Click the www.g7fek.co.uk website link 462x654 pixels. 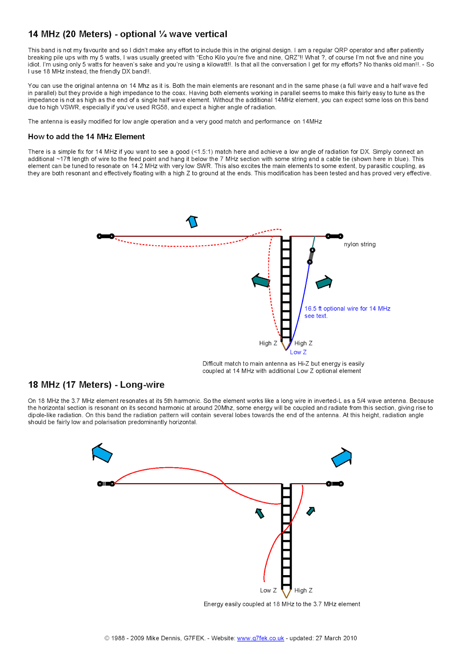[260, 638]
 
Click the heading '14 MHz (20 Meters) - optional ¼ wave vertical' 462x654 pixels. [127, 34]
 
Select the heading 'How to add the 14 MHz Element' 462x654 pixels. [86, 137]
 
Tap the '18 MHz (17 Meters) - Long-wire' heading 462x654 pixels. [96, 385]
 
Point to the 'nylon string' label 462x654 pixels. [359, 244]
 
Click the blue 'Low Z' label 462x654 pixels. [298, 352]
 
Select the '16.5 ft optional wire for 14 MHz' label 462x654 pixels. [347, 309]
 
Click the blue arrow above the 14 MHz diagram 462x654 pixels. [192, 221]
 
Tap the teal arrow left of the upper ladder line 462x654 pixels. [261, 281]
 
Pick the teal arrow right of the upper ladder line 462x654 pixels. [324, 282]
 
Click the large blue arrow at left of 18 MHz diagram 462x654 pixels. [102, 453]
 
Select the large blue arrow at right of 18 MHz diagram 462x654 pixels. [342, 457]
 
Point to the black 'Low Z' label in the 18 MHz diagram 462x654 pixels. [268, 590]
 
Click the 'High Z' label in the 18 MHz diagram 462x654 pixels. [303, 590]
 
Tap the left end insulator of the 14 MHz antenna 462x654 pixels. [105, 236]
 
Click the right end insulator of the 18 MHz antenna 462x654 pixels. [335, 484]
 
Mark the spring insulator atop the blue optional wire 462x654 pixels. [311, 256]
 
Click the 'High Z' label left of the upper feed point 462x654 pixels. [268, 343]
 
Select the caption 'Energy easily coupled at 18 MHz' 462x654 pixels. [282, 604]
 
